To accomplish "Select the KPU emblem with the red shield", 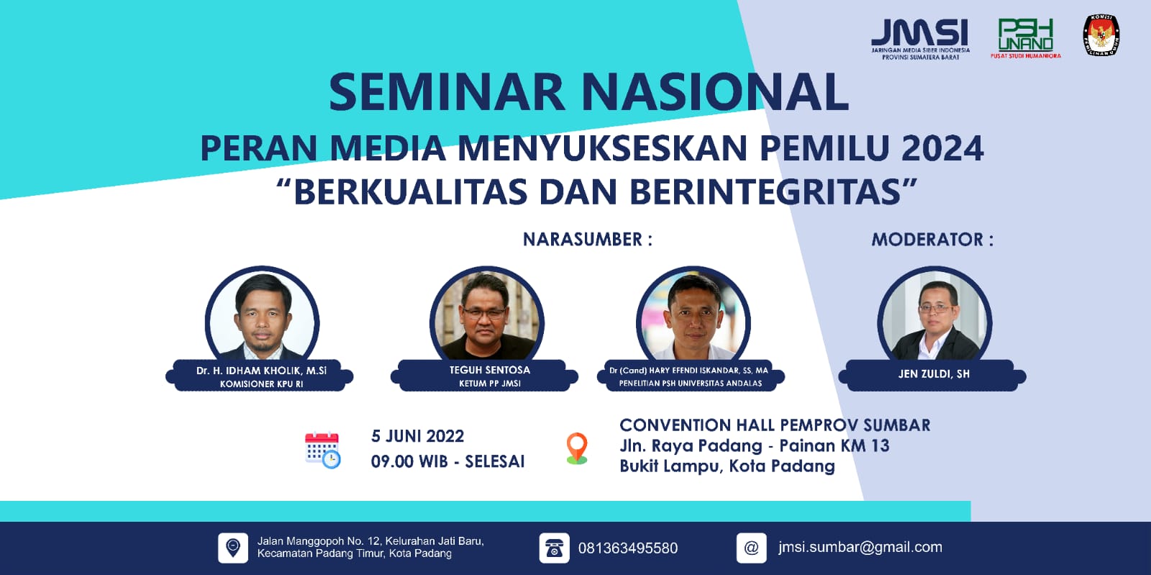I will pyautogui.click(x=1101, y=35).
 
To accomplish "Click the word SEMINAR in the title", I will pyautogui.click(x=447, y=92).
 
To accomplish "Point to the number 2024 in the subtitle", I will pyautogui.click(x=942, y=148).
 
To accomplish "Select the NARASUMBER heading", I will pyautogui.click(x=587, y=240).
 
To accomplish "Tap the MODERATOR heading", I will pyautogui.click(x=932, y=240).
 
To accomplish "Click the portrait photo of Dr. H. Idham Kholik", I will pyautogui.click(x=262, y=317).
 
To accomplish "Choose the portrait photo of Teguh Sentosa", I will pyautogui.click(x=487, y=317).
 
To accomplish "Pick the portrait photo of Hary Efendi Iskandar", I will pyautogui.click(x=693, y=317).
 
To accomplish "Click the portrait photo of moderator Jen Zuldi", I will pyautogui.click(x=934, y=317).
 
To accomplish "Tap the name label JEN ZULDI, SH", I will pyautogui.click(x=934, y=373).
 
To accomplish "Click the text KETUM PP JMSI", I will pyautogui.click(x=490, y=384).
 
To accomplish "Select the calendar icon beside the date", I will pyautogui.click(x=322, y=451).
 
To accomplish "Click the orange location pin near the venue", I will pyautogui.click(x=577, y=448).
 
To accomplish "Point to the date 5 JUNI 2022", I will pyautogui.click(x=417, y=436).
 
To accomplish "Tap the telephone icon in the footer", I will pyautogui.click(x=554, y=548).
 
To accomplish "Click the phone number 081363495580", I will pyautogui.click(x=627, y=548).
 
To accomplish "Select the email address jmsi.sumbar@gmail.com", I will pyautogui.click(x=860, y=547).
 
